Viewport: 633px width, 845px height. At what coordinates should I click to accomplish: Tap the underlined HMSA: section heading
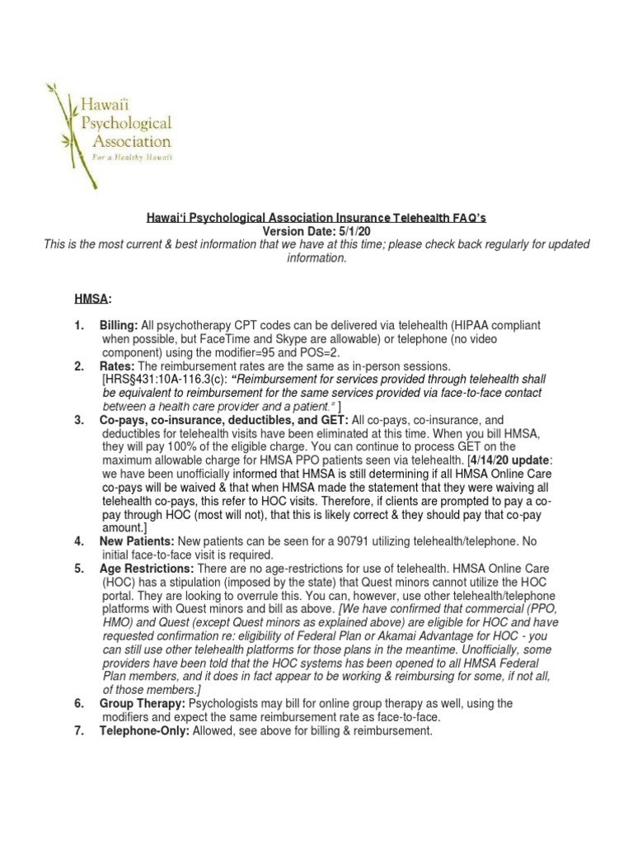point(93,298)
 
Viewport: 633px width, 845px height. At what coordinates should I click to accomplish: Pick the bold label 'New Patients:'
point(137,541)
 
